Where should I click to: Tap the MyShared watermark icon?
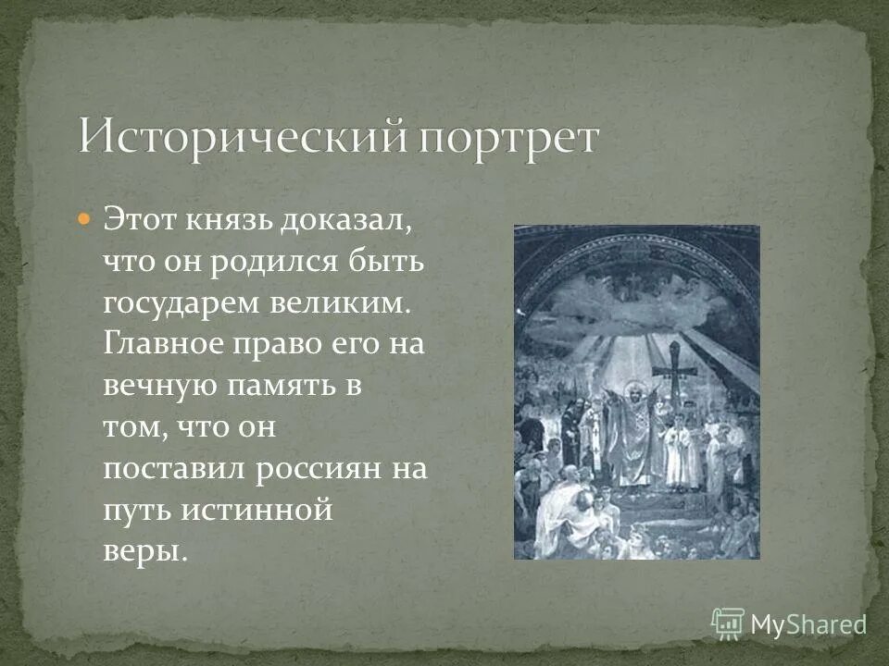pyautogui.click(x=728, y=623)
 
